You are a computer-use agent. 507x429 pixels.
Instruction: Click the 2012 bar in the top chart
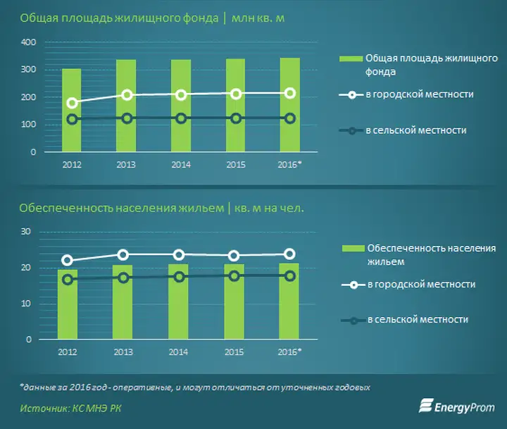[x=72, y=110]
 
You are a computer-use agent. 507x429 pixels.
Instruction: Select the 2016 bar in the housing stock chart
[x=290, y=105]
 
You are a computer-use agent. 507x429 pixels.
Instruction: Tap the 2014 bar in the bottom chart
[x=178, y=301]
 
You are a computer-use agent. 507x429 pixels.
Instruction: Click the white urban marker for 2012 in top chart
[x=72, y=104]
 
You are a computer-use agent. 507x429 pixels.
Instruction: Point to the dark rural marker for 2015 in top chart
[x=236, y=118]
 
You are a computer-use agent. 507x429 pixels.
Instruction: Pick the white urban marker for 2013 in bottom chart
[x=123, y=255]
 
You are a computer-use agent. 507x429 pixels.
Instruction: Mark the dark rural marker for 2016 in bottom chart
[x=290, y=276]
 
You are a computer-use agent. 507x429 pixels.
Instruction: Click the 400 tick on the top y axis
[x=28, y=42]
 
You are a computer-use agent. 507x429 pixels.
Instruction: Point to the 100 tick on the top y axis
[x=28, y=125]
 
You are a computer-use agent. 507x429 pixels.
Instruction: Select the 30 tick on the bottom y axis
[x=26, y=232]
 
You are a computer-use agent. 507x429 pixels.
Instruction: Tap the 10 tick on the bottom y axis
[x=26, y=304]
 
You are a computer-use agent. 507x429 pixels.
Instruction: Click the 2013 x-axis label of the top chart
[x=126, y=165]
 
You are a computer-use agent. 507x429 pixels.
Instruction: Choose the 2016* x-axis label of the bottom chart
[x=289, y=352]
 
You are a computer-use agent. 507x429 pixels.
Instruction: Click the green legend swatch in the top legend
[x=351, y=58]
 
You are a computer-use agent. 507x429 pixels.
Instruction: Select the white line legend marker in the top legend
[x=351, y=95]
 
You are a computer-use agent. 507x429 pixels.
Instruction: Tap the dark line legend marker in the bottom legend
[x=353, y=321]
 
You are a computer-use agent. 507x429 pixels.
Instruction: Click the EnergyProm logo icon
[x=426, y=406]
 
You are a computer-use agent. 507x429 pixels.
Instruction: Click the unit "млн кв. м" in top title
[x=258, y=18]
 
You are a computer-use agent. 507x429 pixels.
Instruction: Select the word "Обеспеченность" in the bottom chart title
[x=66, y=208]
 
